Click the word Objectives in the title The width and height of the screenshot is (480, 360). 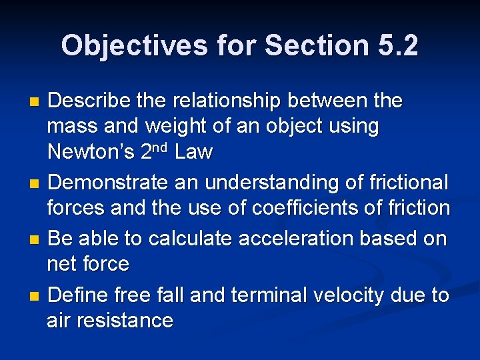pos(134,46)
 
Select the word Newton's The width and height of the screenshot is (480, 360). pos(91,153)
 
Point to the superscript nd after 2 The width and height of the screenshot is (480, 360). pos(163,147)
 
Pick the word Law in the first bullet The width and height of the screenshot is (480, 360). pos(194,153)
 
